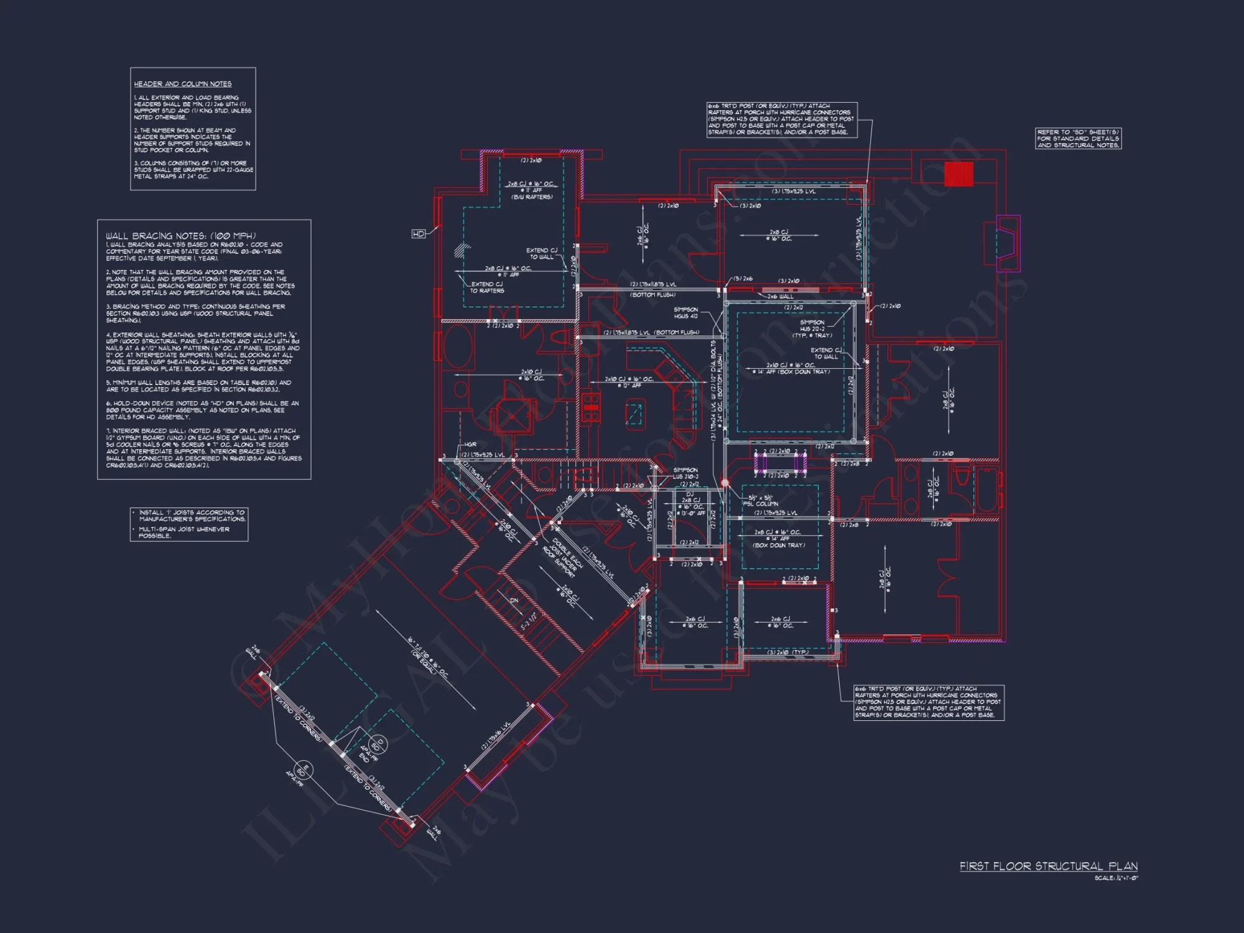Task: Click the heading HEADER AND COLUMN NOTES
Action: (182, 84)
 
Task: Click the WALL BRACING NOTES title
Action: (180, 236)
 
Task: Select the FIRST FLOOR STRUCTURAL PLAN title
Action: (1048, 866)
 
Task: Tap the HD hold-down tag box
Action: (419, 234)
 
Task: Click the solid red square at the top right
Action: (958, 174)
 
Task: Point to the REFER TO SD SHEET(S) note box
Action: (1078, 139)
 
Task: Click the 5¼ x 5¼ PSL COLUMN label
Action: (759, 501)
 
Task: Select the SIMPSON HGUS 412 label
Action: (685, 312)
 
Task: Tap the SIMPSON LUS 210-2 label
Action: (685, 473)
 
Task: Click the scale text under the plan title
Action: (1116, 878)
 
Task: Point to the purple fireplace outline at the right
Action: (1008, 243)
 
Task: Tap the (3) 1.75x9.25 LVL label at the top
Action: (793, 192)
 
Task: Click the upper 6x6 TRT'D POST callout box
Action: (782, 119)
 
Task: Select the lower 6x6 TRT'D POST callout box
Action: (928, 702)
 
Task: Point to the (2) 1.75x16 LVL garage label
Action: (496, 736)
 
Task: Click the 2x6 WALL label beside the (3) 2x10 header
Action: (780, 297)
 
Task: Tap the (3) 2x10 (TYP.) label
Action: (788, 652)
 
